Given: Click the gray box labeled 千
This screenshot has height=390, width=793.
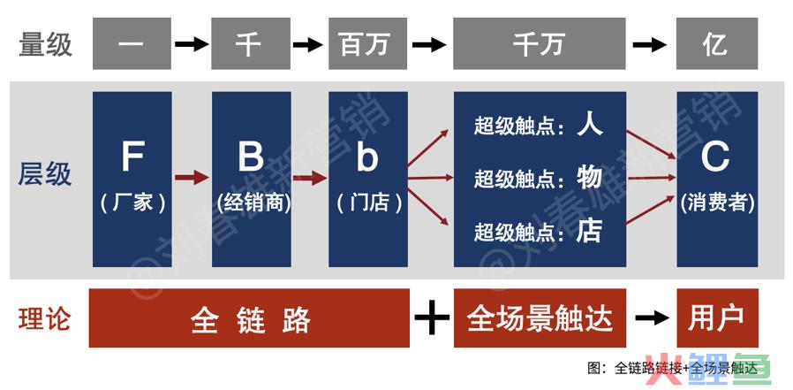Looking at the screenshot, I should (251, 42).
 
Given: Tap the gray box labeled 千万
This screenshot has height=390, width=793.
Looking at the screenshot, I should (539, 42).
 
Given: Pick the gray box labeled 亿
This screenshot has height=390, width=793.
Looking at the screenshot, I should (714, 42).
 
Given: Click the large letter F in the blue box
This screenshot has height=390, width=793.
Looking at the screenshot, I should (132, 157).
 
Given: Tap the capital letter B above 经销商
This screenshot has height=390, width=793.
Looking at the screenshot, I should (251, 157).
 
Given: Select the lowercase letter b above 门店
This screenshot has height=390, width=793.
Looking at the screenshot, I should (367, 157).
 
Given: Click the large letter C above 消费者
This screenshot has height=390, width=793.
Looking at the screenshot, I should (715, 157).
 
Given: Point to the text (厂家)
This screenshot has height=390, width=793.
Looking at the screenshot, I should (132, 203).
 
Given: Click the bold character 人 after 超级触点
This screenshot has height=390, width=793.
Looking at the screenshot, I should (589, 125).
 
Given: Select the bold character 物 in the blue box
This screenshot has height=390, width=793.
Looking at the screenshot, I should (589, 178).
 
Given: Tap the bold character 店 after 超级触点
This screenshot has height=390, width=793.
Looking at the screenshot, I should (589, 232).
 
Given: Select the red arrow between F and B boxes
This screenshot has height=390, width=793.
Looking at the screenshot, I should (192, 179).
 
